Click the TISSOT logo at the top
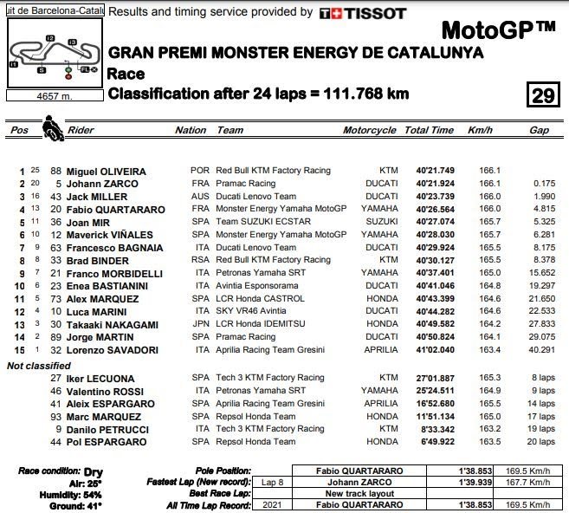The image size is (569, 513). (x=362, y=13)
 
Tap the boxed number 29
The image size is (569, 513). (x=542, y=94)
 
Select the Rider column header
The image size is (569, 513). (x=81, y=131)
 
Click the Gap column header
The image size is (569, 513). (x=539, y=131)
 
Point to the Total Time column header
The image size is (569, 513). (x=429, y=131)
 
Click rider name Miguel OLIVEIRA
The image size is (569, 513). (x=106, y=172)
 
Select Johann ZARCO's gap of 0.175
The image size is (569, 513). (x=544, y=184)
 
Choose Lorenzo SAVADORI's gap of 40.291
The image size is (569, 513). (x=540, y=350)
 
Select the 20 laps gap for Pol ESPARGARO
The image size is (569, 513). (x=541, y=441)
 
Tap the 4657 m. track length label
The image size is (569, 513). (x=53, y=95)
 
